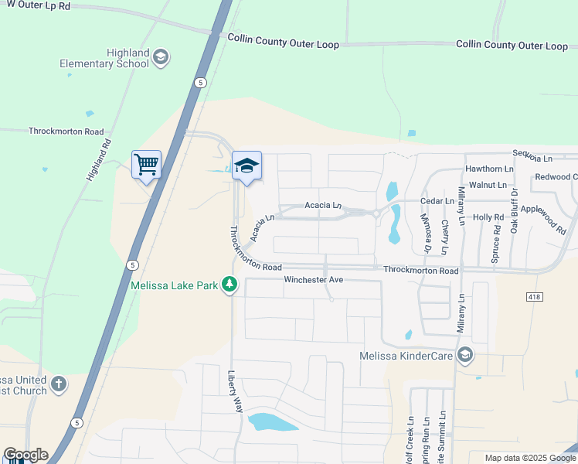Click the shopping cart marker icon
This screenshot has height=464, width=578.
click(146, 165)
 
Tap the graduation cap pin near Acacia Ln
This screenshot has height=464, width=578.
click(247, 166)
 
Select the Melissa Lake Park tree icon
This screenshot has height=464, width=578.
click(229, 285)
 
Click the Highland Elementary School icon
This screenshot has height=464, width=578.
click(161, 56)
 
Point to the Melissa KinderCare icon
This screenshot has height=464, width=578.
click(464, 356)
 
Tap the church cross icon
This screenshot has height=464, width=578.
click(59, 384)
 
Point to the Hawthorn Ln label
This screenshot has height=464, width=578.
click(489, 169)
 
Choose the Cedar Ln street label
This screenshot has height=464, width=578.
click(437, 201)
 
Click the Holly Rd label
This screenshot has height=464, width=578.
click(488, 217)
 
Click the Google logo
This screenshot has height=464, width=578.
click(25, 455)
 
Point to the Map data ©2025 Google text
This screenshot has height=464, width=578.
click(531, 458)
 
